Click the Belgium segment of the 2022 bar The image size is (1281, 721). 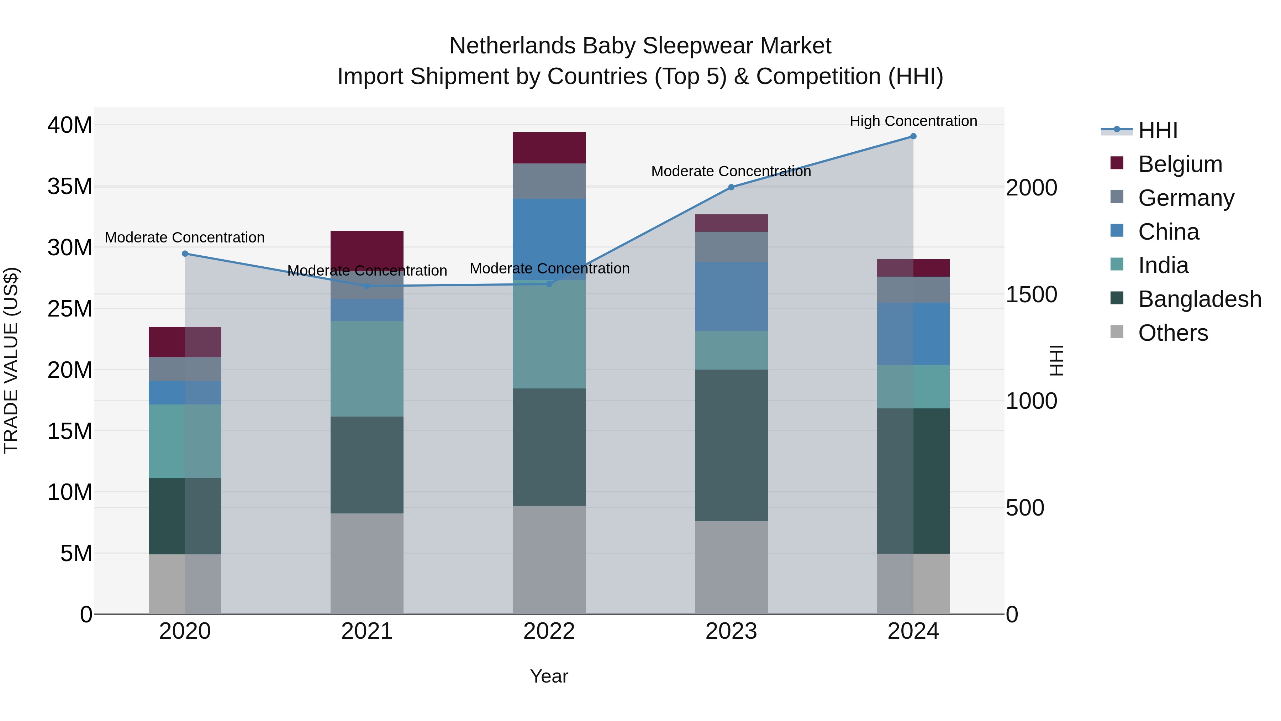[x=549, y=147]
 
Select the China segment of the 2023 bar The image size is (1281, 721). [x=731, y=297]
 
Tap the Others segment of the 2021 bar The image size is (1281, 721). [x=367, y=563]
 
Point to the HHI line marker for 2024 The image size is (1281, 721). [x=913, y=136]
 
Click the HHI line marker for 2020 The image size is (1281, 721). [x=185, y=254]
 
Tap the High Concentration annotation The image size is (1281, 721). [x=913, y=121]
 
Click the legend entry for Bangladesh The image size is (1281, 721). [x=1200, y=299]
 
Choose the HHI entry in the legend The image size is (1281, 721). [x=1158, y=130]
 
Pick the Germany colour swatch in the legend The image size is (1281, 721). [x=1117, y=197]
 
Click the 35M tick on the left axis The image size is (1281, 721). [x=70, y=187]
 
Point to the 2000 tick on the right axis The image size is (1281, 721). [x=1031, y=188]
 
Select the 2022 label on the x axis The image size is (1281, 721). [x=549, y=631]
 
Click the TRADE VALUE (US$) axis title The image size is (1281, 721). [x=11, y=360]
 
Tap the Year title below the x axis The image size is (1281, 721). [x=549, y=676]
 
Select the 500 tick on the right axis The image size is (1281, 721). [x=1024, y=508]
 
